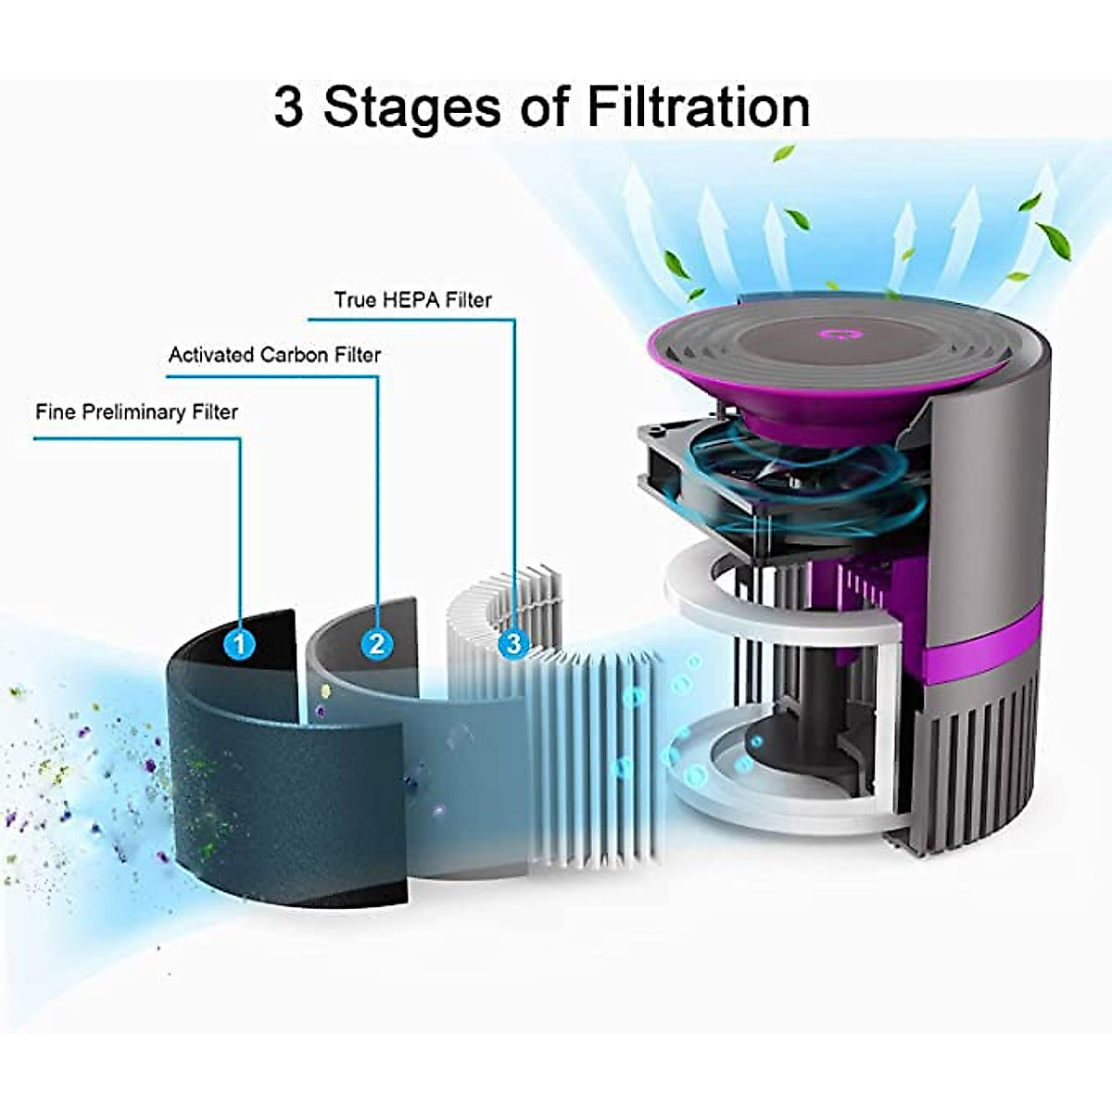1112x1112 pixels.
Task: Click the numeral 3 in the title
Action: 288,107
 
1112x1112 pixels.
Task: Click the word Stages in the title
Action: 414,108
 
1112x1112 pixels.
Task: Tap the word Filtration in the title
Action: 698,107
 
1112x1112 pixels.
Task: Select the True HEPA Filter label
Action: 412,300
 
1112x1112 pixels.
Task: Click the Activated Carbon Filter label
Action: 274,355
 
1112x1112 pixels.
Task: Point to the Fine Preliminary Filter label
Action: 136,412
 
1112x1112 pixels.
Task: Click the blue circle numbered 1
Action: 240,642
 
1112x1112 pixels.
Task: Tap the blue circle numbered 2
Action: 376,642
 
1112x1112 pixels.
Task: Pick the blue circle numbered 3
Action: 513,642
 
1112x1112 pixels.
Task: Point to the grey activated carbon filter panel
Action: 463,788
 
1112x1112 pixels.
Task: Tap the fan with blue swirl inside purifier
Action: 797,473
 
